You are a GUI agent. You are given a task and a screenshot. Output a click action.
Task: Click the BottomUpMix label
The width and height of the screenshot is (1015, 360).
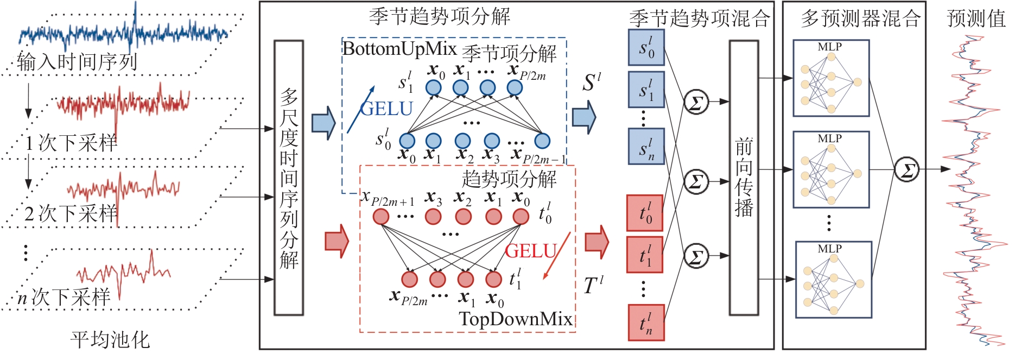click(399, 49)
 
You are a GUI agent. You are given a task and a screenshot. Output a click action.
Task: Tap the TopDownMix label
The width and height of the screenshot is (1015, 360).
click(516, 319)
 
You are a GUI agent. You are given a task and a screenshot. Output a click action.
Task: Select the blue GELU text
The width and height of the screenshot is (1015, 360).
click(386, 109)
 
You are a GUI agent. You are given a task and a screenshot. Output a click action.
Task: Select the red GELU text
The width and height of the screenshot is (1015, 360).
click(531, 251)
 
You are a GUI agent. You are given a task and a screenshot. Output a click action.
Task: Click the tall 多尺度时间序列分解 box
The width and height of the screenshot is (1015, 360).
click(289, 178)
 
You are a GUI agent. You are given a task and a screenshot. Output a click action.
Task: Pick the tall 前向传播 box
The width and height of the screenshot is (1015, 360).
click(744, 178)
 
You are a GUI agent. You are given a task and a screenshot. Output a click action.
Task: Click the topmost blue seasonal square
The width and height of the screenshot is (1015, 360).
click(646, 48)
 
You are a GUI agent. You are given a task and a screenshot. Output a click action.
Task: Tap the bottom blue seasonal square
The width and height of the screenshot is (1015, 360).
click(646, 146)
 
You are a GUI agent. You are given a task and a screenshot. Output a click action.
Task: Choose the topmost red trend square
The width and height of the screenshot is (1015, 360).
click(645, 213)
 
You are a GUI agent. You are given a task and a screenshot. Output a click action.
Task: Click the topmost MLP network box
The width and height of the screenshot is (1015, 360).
click(831, 78)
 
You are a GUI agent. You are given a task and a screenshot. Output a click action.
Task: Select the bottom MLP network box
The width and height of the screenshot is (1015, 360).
click(833, 280)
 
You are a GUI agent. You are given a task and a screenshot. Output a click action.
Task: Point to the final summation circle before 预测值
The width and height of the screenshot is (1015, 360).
click(906, 169)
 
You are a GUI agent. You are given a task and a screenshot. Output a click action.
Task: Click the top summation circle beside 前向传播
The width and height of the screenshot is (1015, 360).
click(696, 102)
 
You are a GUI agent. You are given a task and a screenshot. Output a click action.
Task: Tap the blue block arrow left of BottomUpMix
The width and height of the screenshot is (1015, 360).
click(323, 123)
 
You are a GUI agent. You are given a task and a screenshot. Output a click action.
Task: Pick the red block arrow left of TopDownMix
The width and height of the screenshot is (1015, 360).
click(337, 241)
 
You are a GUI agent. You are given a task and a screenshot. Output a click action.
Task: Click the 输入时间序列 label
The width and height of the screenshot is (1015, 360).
click(77, 62)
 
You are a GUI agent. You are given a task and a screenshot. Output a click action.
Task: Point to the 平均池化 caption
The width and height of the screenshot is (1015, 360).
click(110, 340)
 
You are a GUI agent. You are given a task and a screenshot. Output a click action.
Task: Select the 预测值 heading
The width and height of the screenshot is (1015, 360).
click(976, 18)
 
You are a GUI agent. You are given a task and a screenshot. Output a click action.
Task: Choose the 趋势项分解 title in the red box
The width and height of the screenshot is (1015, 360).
click(509, 179)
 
